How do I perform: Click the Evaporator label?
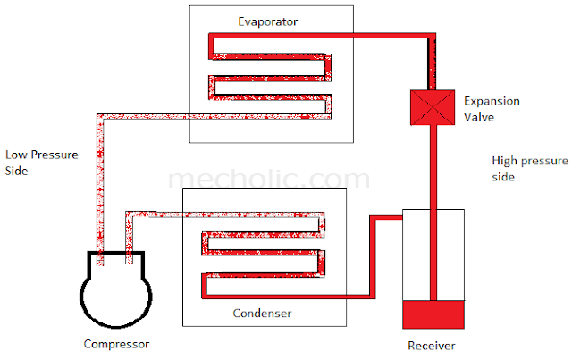pos(268,21)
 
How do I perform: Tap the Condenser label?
pos(262,313)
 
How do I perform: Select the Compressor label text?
pos(116,344)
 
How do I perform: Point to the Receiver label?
pos(431,346)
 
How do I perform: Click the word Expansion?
pos(492,101)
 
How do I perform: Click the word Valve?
pos(479,117)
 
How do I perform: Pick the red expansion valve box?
pos(433,107)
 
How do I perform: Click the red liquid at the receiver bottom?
pos(433,314)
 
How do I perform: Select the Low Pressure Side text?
pos(42,163)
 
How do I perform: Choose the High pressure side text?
pos(530,169)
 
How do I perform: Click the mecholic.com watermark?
pos(269,179)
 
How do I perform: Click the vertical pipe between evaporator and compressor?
pos(100,189)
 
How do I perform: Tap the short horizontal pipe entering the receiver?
pos(387,218)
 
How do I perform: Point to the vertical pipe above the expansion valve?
pos(432,62)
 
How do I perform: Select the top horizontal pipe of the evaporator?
pos(322,36)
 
